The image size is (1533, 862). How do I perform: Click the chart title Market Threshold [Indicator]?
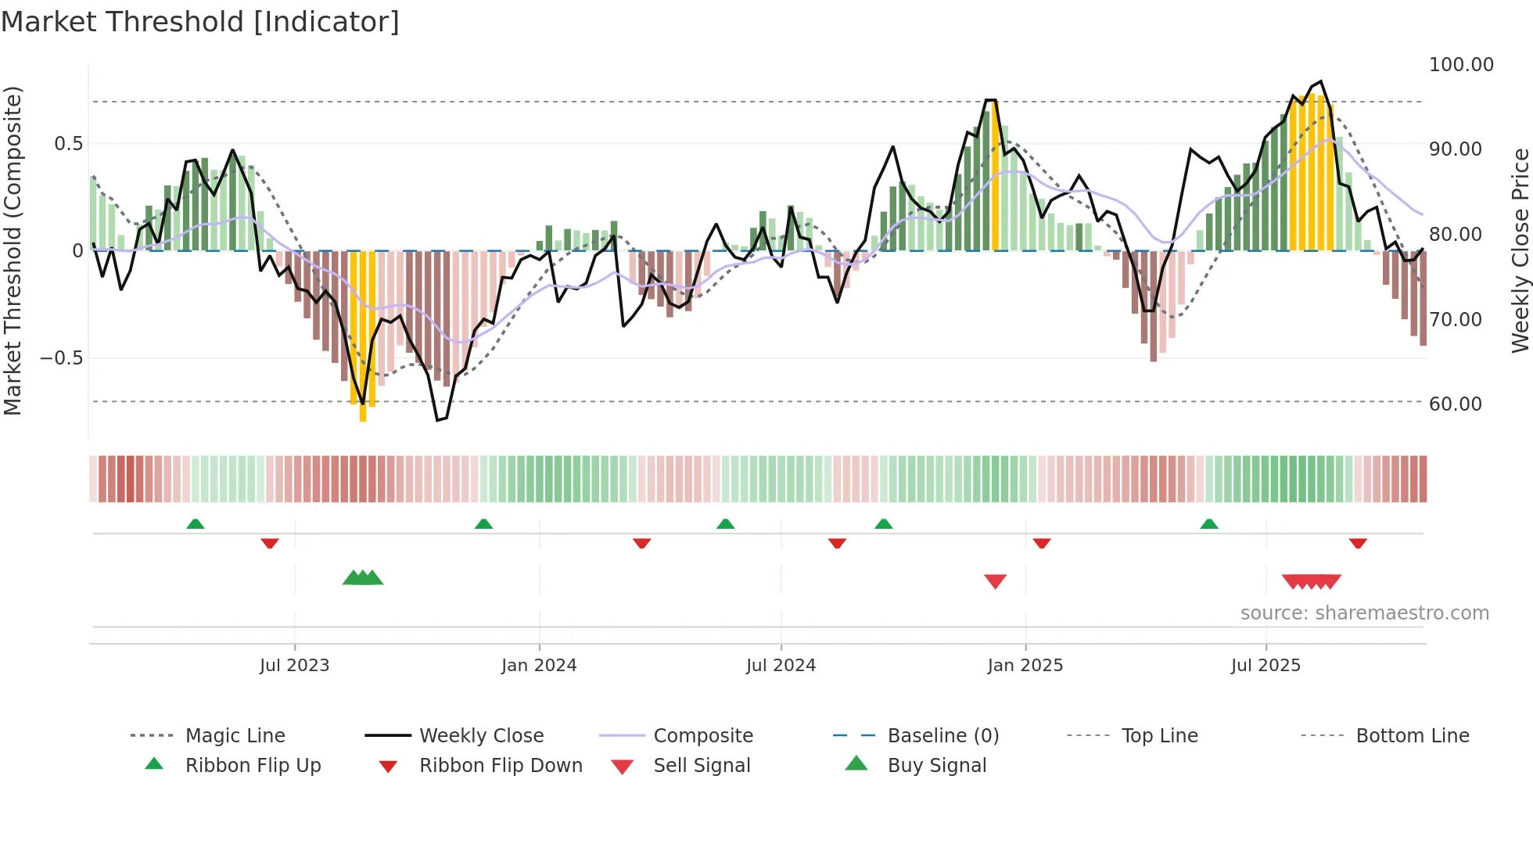[x=200, y=22]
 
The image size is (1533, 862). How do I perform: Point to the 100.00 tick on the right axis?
[x=1460, y=65]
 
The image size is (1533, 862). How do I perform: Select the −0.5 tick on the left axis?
[x=61, y=358]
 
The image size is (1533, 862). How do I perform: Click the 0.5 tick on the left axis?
[x=68, y=144]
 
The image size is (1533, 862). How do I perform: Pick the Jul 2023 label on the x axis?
[x=294, y=666]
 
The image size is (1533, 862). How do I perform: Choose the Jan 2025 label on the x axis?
[x=1025, y=666]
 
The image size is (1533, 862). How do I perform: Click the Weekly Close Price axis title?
[x=1520, y=250]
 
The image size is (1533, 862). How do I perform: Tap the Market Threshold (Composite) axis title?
[x=13, y=250]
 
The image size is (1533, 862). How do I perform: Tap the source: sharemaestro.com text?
[x=1364, y=613]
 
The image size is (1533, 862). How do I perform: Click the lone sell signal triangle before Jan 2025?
[x=995, y=581]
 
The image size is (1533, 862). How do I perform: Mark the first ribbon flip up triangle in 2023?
[x=196, y=524]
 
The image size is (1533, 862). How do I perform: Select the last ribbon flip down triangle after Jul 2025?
[x=1358, y=543]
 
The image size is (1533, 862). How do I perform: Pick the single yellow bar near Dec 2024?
[x=995, y=176]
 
